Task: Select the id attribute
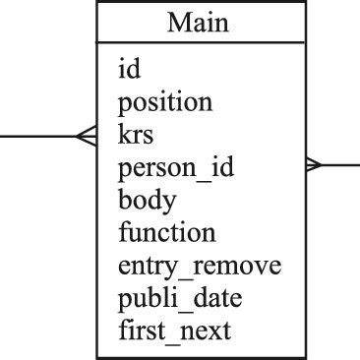coord(128,69)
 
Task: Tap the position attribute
coord(164,102)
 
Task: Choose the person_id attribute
coord(176,168)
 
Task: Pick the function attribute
coord(166,233)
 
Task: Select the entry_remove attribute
coord(200,266)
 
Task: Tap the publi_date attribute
coord(180,298)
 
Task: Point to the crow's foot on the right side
coord(314,165)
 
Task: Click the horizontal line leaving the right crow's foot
coord(340,165)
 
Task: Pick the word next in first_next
coord(210,330)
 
